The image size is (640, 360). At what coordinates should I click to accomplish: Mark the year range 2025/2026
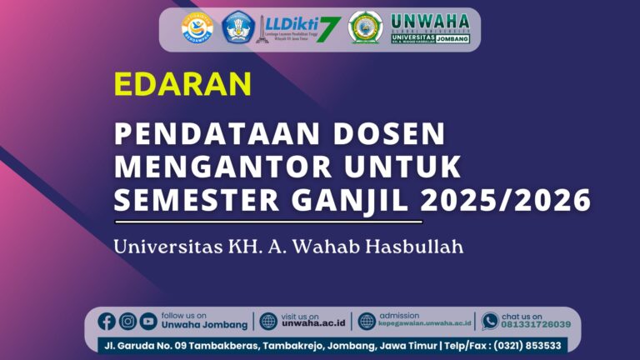[x=506, y=200]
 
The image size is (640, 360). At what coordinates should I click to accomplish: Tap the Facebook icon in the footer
[x=107, y=321]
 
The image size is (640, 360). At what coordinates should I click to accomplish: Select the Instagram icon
[x=127, y=321]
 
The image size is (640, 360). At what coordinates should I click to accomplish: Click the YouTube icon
[x=148, y=321]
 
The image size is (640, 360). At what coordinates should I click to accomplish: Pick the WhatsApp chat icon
[x=490, y=321]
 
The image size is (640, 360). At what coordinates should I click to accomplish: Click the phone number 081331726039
[x=536, y=325]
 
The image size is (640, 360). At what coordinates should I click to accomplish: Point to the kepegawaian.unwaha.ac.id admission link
[x=425, y=325]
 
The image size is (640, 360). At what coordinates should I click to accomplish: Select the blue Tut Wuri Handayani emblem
[x=237, y=27]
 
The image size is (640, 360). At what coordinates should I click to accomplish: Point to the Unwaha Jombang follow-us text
[x=204, y=325]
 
